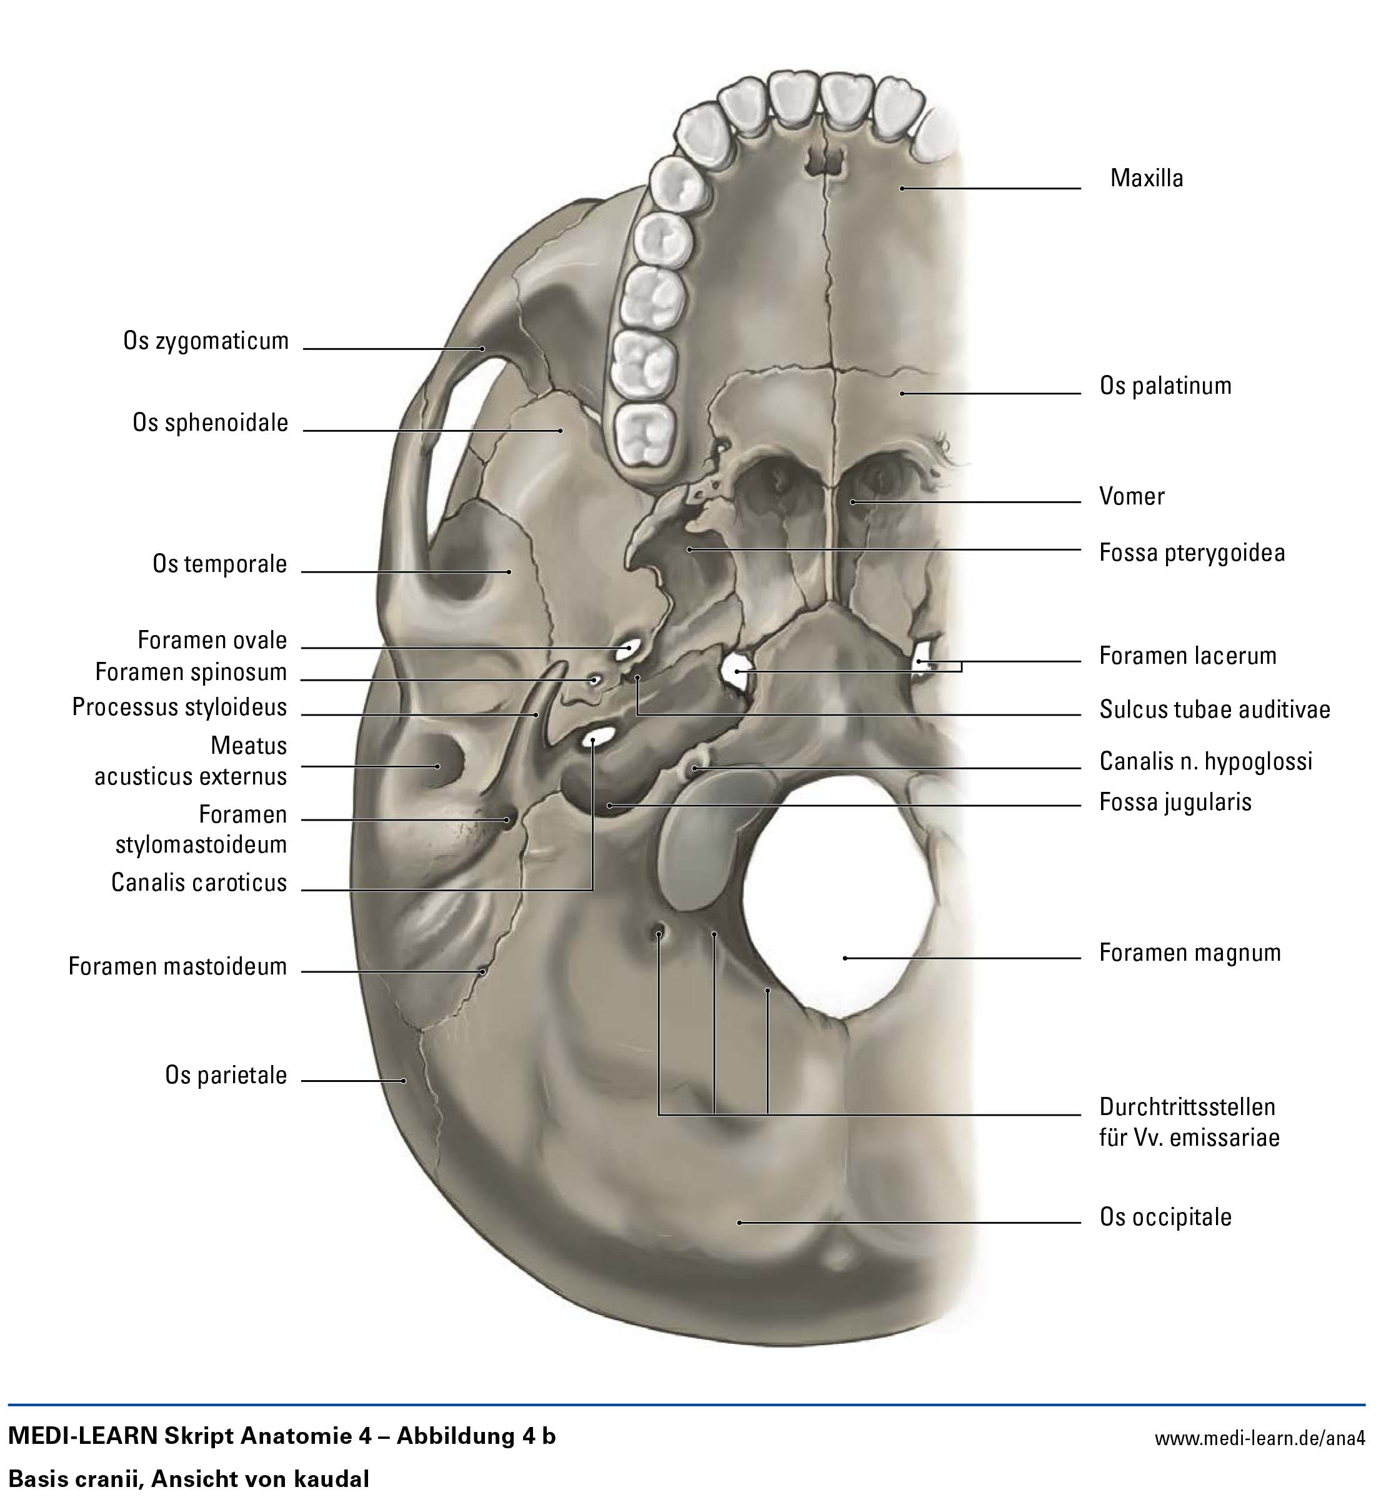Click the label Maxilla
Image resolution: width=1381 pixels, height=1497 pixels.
(1145, 179)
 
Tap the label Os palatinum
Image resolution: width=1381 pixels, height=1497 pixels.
(1164, 386)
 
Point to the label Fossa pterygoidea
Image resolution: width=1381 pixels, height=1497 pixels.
(1191, 553)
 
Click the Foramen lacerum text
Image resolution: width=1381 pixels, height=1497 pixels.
(1187, 656)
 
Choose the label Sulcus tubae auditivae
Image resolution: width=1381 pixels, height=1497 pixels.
(1214, 709)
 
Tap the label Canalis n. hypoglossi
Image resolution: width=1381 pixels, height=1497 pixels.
(1205, 761)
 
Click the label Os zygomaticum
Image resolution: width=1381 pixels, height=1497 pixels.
(206, 341)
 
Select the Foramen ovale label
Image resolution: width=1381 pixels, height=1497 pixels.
(212, 641)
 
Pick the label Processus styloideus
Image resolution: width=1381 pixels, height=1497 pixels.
(179, 707)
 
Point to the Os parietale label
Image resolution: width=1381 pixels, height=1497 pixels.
(226, 1076)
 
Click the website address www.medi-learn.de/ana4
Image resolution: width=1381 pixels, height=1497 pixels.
(1260, 1438)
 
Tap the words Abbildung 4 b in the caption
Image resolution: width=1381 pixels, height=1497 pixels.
(476, 1436)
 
